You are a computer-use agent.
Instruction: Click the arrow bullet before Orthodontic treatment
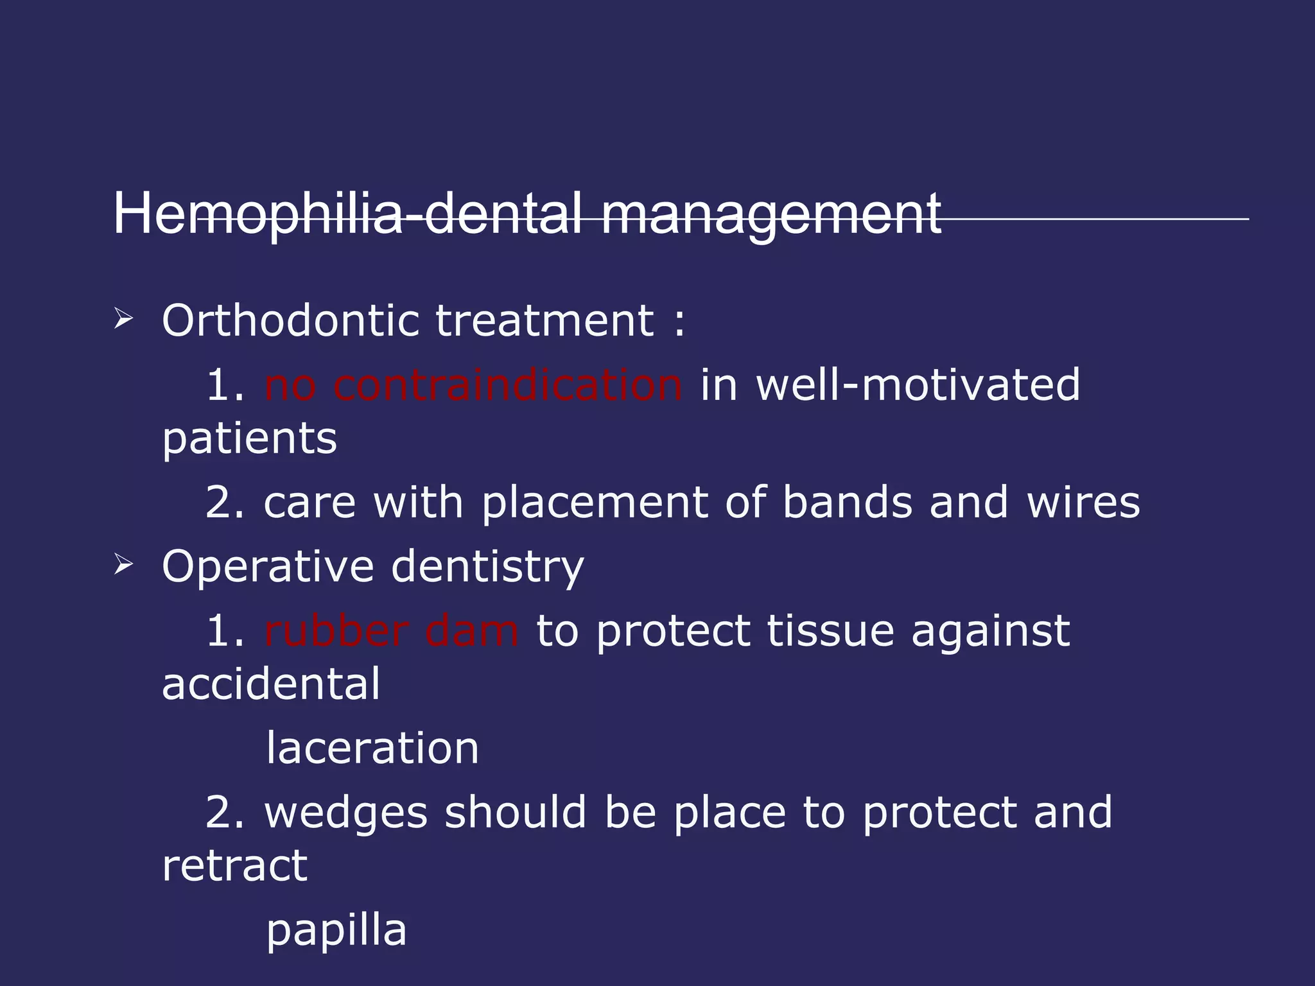(123, 318)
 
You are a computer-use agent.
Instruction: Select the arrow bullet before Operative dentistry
(123, 565)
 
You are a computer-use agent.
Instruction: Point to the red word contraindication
(507, 385)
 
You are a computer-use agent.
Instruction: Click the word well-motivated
(918, 385)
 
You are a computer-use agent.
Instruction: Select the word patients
(249, 439)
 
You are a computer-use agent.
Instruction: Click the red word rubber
(336, 631)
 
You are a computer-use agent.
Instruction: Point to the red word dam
(471, 631)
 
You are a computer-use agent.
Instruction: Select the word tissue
(830, 631)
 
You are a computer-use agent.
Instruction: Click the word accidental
(271, 684)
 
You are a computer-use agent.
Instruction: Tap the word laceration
(372, 748)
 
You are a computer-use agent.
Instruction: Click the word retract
(235, 866)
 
